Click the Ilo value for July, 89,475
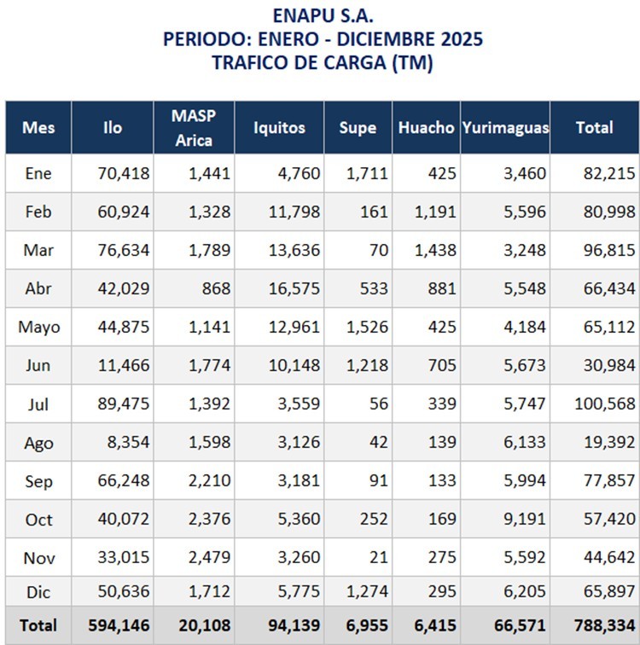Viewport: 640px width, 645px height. pyautogui.click(x=125, y=404)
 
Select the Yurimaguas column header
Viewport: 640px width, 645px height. pyautogui.click(x=505, y=128)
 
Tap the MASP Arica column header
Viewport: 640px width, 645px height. pyautogui.click(x=194, y=128)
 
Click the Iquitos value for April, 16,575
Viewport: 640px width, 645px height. pyautogui.click(x=293, y=289)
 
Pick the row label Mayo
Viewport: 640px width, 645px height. pyautogui.click(x=38, y=328)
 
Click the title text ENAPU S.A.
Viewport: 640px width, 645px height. pyautogui.click(x=323, y=15)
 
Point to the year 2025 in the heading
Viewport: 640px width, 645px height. pyautogui.click(x=460, y=39)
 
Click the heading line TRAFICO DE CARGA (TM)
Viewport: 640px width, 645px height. pyautogui.click(x=323, y=63)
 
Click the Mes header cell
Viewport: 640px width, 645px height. pyautogui.click(x=38, y=128)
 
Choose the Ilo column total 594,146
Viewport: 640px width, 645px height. pyautogui.click(x=119, y=625)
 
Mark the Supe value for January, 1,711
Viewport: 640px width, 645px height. pyautogui.click(x=368, y=174)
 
